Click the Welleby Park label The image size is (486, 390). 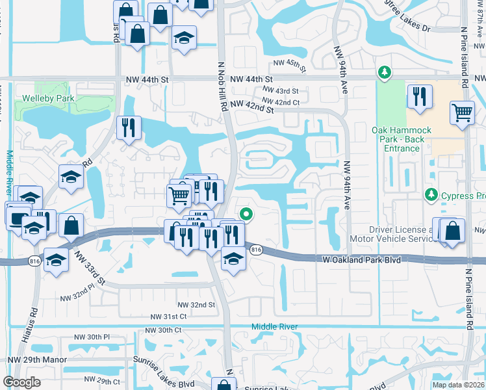click(x=48, y=98)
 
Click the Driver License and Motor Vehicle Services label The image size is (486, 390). click(x=401, y=234)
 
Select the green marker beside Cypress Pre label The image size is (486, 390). click(x=430, y=194)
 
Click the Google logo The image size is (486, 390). click(x=21, y=382)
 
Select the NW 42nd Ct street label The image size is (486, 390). click(x=283, y=102)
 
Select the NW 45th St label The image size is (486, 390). click(x=289, y=63)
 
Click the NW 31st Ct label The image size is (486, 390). click(x=168, y=316)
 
